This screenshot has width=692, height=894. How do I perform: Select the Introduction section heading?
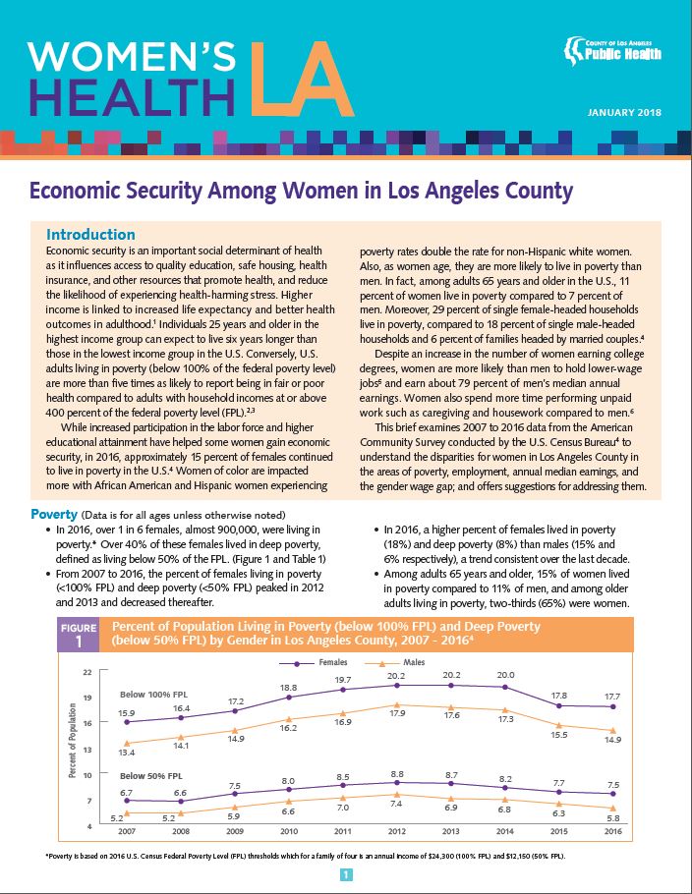point(90,235)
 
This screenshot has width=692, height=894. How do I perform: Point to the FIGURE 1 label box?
point(79,635)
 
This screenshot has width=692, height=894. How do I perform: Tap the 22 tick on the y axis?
point(86,672)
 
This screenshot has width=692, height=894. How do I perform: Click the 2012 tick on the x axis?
point(395,830)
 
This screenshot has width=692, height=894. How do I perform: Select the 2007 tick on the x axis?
point(127,830)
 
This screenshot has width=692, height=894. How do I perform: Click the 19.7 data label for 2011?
point(341,680)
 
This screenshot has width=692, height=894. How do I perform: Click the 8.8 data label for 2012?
point(396,774)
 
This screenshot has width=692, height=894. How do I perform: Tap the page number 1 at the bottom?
point(346,874)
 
